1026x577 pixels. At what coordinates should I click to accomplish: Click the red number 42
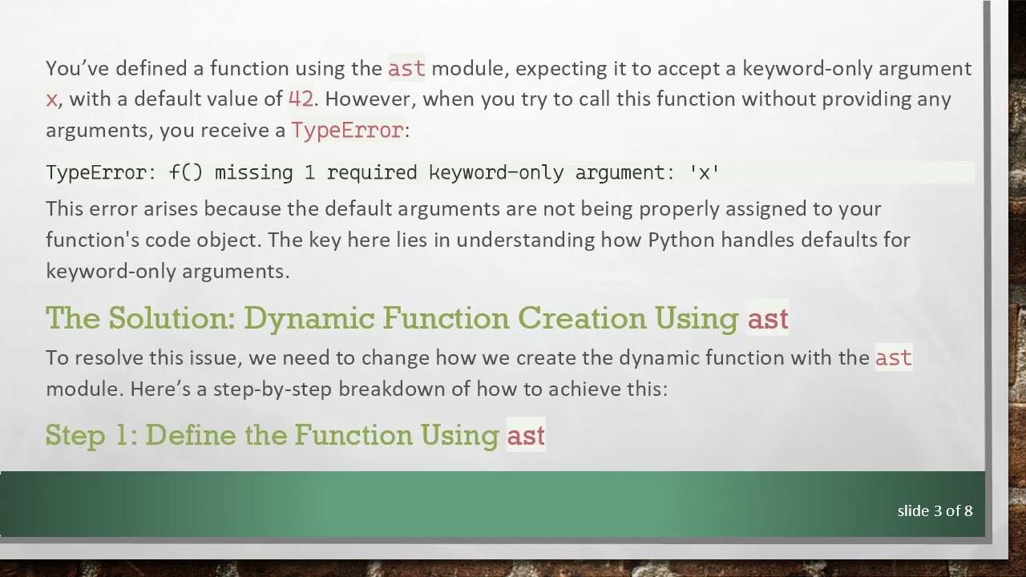301,99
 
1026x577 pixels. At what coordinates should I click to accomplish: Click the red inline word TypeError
347,131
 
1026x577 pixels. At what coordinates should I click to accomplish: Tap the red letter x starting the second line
51,99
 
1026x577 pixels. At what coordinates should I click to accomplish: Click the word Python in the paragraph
677,240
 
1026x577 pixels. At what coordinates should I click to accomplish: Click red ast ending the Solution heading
768,319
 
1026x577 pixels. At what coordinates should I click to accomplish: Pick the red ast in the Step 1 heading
526,435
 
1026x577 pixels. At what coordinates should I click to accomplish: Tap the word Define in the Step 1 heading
192,435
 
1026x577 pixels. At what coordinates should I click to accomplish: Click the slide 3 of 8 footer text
935,510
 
